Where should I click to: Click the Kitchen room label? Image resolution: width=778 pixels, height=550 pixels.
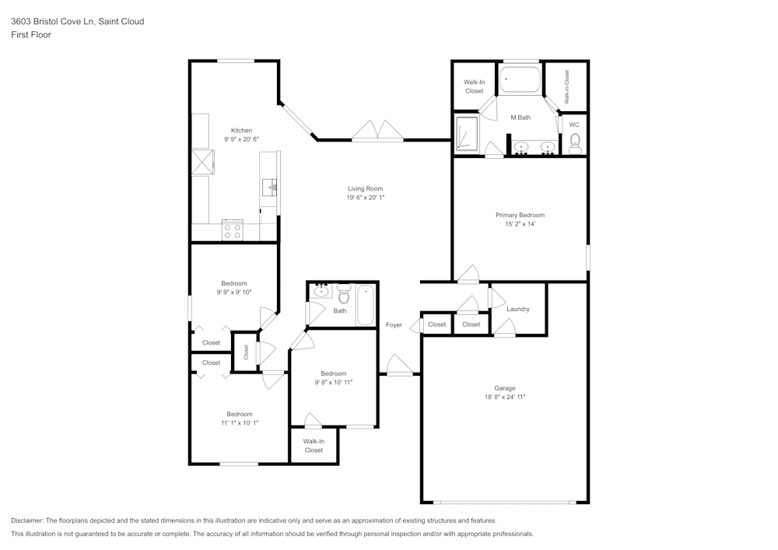coord(241,130)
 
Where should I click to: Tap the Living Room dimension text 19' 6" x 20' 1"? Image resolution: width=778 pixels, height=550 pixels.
coord(366,198)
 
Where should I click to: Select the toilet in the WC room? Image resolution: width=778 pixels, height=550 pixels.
coord(575,142)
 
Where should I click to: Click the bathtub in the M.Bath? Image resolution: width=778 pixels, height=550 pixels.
coord(520,80)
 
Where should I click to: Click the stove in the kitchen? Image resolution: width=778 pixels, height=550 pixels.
coord(232,230)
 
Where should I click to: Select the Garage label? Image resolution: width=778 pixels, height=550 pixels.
coord(505,388)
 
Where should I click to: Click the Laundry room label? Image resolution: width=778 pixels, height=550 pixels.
coord(517,309)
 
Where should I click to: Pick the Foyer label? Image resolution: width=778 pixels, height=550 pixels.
coord(394,325)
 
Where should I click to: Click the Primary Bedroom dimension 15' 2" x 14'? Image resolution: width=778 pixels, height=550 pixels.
coord(520,224)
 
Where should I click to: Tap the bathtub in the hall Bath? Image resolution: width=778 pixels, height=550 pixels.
coord(366,307)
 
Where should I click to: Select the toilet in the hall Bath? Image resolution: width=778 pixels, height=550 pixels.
coord(343,295)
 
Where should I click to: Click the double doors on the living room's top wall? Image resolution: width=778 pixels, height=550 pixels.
coord(377,131)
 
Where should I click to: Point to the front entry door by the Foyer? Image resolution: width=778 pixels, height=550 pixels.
coord(400,366)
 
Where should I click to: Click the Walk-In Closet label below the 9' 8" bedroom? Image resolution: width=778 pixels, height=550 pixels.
coord(314,446)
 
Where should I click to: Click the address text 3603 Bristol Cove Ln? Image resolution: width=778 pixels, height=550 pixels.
coord(77,22)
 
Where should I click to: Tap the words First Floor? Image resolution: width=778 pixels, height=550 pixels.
coord(31,35)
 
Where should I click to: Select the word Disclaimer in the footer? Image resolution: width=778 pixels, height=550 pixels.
coord(27,520)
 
